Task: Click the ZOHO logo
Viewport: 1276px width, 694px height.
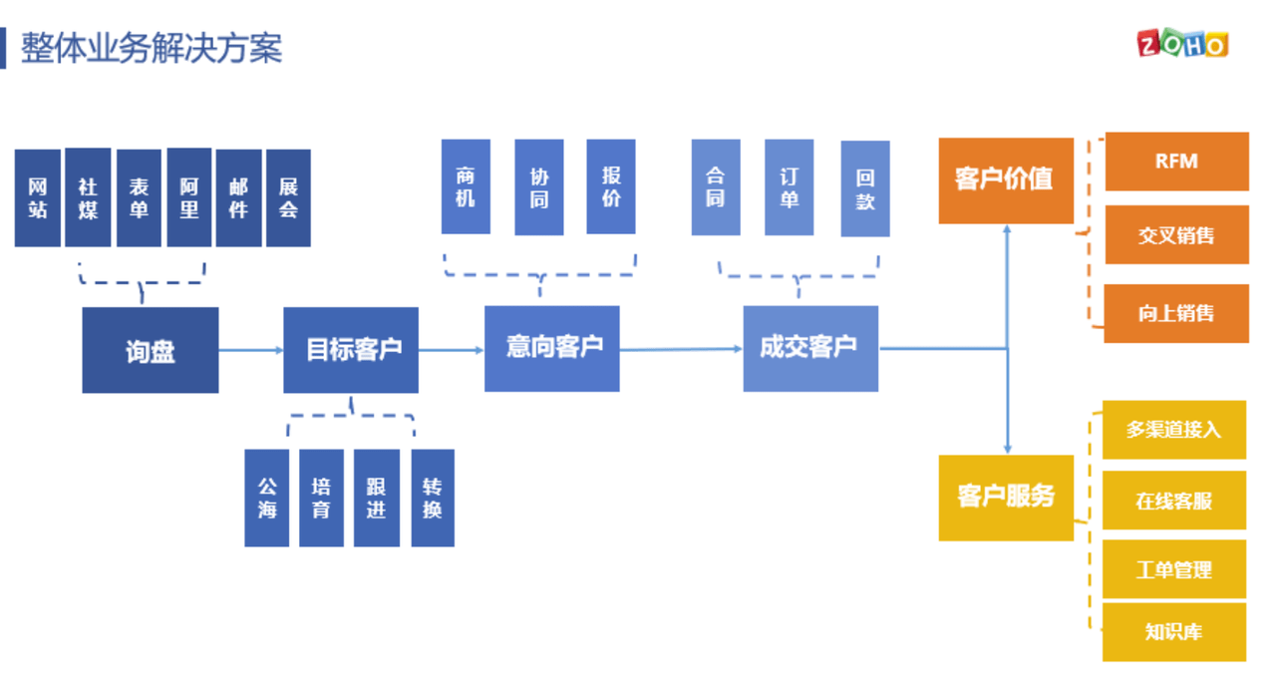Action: [1182, 43]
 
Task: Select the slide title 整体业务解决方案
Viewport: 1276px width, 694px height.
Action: [152, 49]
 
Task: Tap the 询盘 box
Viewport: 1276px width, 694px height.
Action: [151, 350]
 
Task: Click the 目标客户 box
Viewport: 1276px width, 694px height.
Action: [351, 350]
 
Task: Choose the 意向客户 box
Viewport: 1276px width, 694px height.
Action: [552, 348]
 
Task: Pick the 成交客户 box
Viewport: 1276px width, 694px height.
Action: [810, 348]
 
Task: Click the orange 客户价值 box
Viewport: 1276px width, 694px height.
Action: [1006, 180]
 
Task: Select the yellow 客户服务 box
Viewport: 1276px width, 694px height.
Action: [1006, 498]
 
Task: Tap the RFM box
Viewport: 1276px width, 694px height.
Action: [1177, 162]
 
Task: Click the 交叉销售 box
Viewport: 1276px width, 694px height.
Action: [1177, 234]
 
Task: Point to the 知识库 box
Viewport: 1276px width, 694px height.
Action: [1174, 632]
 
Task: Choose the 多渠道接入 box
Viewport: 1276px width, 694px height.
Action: [1174, 430]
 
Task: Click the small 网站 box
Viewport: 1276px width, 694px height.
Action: [38, 197]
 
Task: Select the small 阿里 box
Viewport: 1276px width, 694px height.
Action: [189, 197]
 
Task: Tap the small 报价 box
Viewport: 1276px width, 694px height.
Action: [611, 186]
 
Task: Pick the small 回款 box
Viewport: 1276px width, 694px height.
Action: [865, 188]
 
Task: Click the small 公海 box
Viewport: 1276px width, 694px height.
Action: [266, 498]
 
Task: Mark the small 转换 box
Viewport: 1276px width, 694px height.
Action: [433, 498]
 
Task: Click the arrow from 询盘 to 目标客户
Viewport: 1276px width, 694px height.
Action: [251, 350]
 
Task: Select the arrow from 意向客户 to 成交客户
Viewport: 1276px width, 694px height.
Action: [681, 349]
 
